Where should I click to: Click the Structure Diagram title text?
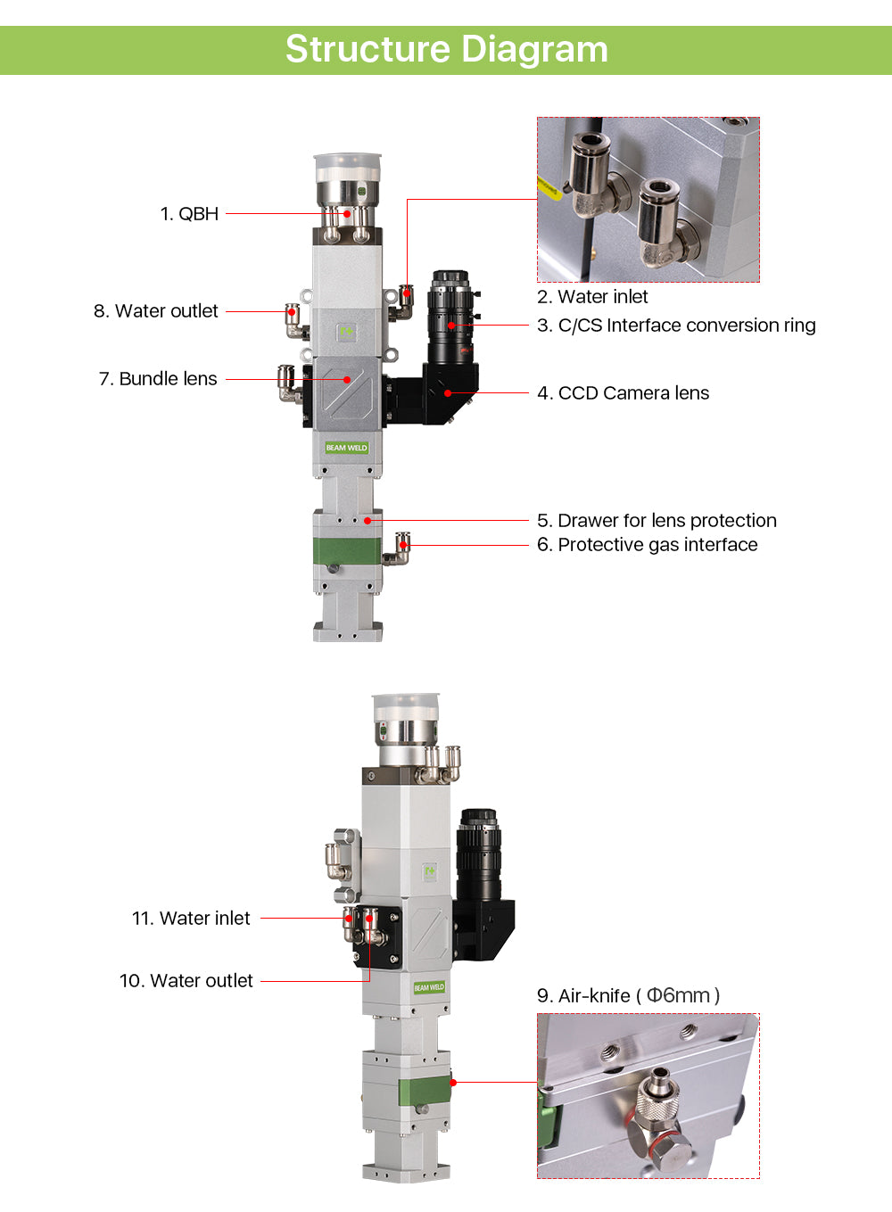pos(447,50)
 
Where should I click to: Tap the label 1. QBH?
pos(189,214)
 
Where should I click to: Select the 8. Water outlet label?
pos(156,311)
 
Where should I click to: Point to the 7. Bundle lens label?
pos(158,379)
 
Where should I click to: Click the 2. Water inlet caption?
pos(592,297)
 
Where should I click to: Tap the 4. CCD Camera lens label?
pos(623,393)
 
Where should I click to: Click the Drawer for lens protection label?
pos(667,521)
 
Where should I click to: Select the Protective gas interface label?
pos(657,545)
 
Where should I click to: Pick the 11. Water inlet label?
pos(191,919)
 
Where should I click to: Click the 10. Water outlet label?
pos(186,980)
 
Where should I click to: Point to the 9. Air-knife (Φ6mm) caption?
pos(628,995)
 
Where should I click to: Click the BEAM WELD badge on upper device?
pos(346,448)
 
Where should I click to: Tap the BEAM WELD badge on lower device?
pos(429,987)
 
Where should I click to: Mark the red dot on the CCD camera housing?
pos(448,393)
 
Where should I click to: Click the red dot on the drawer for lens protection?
pos(368,521)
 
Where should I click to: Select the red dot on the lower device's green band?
pos(453,1082)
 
